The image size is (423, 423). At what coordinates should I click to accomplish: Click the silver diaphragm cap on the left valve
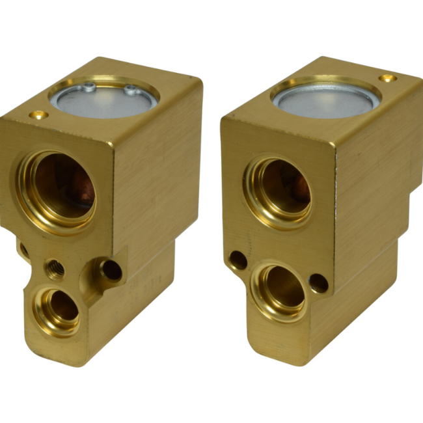pos(113,98)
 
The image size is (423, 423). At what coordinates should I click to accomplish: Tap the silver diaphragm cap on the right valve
pos(325,98)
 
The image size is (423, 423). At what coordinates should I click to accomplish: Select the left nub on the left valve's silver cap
pos(90,85)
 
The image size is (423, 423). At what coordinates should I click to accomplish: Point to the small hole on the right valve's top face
pos(388,78)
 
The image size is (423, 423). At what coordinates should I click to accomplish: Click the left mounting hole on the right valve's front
pos(238,260)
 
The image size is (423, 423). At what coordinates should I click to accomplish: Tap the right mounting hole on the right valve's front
pos(318,282)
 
